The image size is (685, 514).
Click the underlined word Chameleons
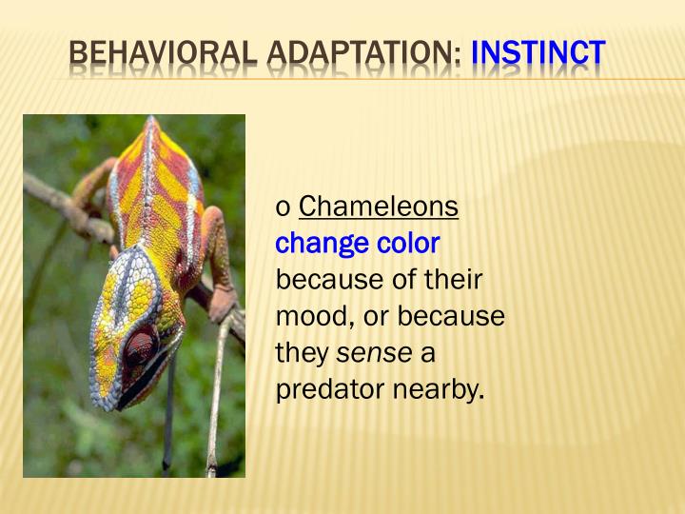point(379,207)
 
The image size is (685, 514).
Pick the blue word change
point(320,244)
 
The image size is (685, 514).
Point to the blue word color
point(407,244)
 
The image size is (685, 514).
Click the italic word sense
point(375,354)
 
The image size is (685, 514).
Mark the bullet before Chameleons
point(283,208)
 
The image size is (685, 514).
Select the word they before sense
point(302,354)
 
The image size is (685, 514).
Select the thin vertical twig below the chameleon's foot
point(217,400)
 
